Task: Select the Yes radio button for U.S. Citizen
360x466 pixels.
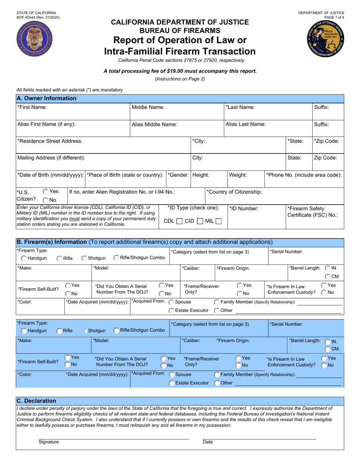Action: (45, 192)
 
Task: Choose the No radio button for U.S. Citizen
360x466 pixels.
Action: (45, 200)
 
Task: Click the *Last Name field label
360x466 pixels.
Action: (240, 108)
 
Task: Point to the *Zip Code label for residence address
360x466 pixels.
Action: (326, 141)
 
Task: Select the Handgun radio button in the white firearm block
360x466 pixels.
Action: (24, 258)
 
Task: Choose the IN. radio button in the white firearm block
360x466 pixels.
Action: (327, 268)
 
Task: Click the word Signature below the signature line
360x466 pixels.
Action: (49, 442)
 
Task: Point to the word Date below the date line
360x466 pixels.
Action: (208, 442)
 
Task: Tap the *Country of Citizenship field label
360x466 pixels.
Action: (234, 192)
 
